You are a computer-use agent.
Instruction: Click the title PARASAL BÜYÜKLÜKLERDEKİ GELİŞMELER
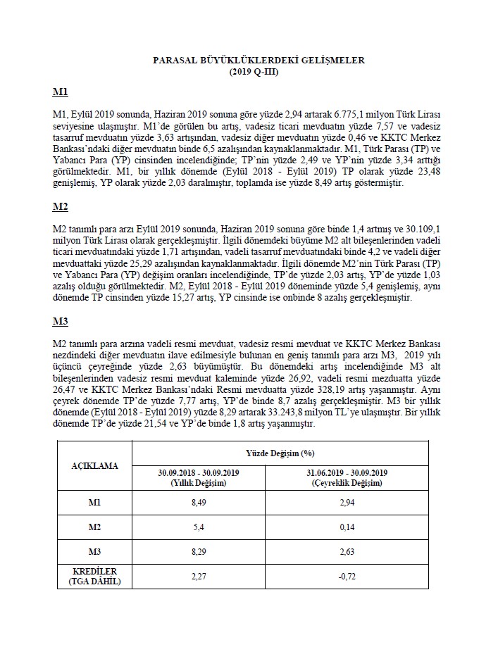(259, 61)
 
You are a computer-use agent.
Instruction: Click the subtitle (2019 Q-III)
(259, 71)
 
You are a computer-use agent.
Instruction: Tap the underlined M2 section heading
(60, 208)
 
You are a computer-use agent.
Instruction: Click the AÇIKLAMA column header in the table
(94, 465)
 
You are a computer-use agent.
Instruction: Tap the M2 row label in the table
(94, 527)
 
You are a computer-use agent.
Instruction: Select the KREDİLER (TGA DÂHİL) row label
(94, 575)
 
